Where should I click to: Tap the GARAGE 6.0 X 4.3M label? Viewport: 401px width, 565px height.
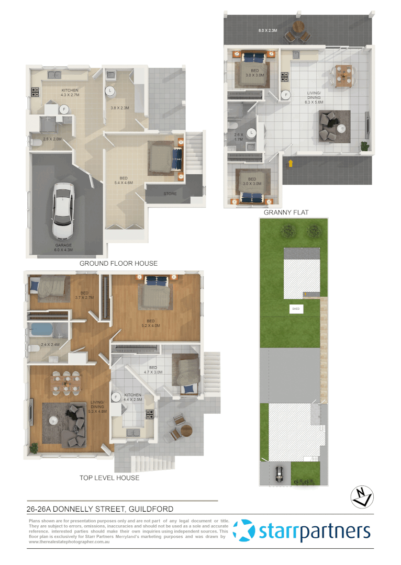coord(63,247)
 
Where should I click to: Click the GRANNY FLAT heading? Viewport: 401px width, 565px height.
coord(286,212)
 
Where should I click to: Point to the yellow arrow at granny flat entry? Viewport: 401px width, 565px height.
coord(289,164)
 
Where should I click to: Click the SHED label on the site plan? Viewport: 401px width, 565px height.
coord(296,309)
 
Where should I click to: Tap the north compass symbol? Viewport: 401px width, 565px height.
coord(362,496)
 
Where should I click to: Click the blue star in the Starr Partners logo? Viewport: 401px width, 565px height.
coord(243,531)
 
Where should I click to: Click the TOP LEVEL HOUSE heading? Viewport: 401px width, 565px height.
coord(109,478)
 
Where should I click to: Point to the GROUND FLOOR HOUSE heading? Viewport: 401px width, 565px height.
coord(118,263)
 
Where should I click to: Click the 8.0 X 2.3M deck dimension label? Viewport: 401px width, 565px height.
coord(268,31)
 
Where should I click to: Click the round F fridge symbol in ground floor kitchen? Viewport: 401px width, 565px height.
coord(64,109)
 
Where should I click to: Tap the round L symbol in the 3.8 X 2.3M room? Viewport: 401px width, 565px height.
coord(110,91)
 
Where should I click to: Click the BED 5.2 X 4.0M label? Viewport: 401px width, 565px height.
coord(151,323)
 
